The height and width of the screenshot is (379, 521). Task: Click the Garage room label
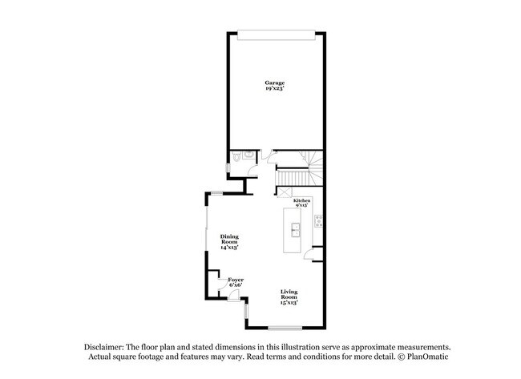pos(275,83)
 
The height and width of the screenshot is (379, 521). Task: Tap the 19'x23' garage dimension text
pos(275,89)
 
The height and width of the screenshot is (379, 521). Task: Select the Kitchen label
pos(301,200)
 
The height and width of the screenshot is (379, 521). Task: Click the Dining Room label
pos(230,240)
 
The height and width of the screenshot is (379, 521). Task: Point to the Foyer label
pos(236,280)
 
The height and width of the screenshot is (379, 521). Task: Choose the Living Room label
pos(289,296)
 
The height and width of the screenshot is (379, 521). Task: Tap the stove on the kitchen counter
pos(319,222)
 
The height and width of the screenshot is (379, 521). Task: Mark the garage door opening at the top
pos(275,33)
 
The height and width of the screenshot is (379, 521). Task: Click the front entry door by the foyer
pos(233,296)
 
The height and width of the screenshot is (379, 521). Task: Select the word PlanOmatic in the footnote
pos(430,357)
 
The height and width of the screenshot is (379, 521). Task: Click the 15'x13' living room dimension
pos(289,302)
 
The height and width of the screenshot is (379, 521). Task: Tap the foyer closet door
pos(215,280)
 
